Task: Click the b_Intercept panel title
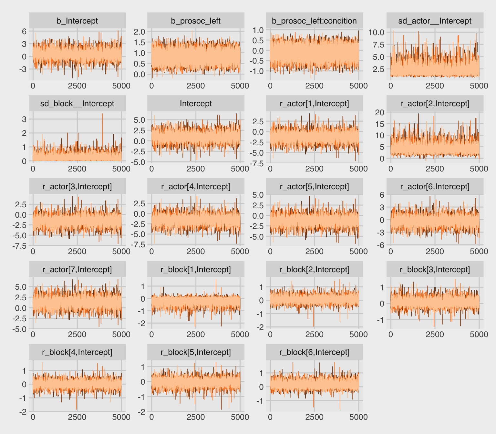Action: click(x=77, y=21)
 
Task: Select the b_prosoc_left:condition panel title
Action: click(x=314, y=21)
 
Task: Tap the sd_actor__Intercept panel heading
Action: click(x=435, y=21)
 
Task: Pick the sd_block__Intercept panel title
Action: click(x=77, y=104)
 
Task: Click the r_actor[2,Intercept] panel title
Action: click(x=435, y=104)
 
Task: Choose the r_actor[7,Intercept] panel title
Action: click(x=77, y=270)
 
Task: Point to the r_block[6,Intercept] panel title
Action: click(x=314, y=352)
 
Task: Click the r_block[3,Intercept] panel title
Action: click(x=435, y=270)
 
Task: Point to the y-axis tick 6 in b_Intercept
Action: click(x=24, y=32)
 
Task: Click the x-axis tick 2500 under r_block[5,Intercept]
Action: click(x=196, y=417)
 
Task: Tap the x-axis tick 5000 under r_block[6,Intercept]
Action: click(x=358, y=417)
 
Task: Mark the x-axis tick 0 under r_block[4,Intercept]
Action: click(x=33, y=417)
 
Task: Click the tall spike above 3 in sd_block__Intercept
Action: click(x=102, y=114)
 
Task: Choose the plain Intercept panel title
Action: click(x=196, y=104)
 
